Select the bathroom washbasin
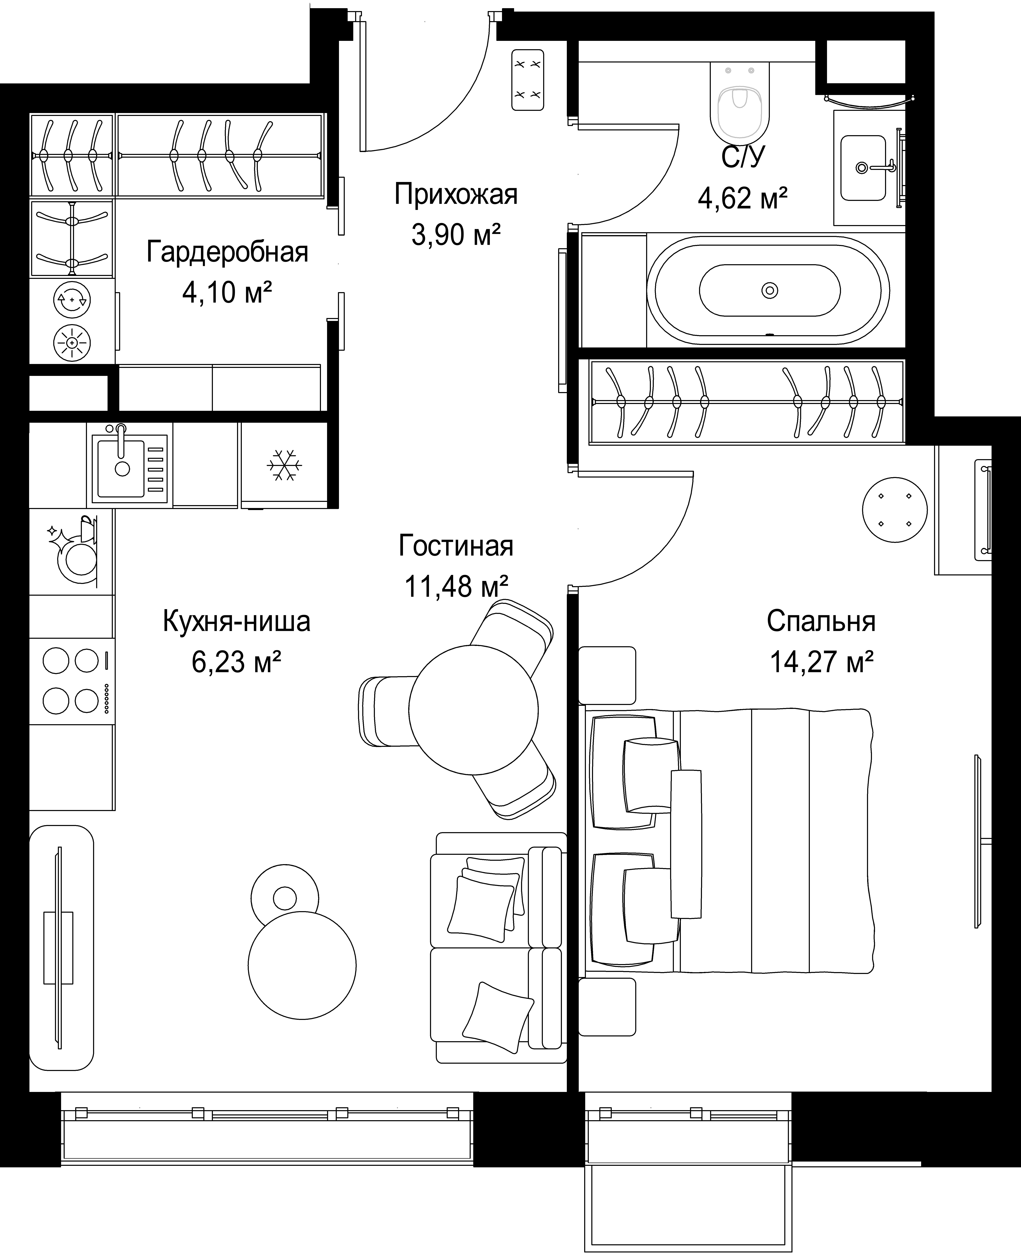click(863, 168)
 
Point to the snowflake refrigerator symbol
click(284, 465)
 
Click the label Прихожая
click(456, 194)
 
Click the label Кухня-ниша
click(236, 621)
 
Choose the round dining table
click(473, 710)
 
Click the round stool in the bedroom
click(895, 510)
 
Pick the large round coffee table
click(302, 965)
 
